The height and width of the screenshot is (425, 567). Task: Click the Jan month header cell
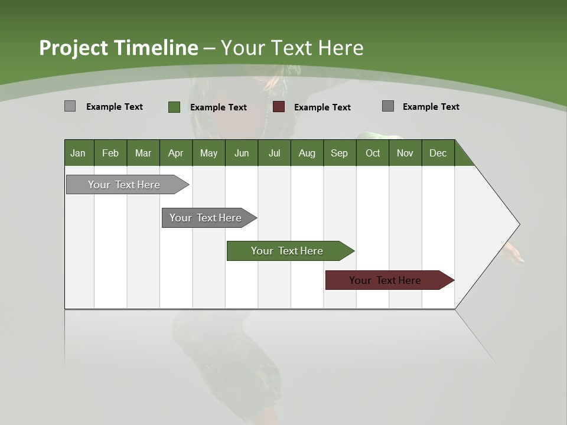(79, 153)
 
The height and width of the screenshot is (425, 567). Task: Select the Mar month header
(143, 153)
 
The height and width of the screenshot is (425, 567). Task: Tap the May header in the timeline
(208, 153)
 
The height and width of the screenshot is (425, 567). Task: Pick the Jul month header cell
(274, 153)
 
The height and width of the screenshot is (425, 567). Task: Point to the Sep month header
(339, 153)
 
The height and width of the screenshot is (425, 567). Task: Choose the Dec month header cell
(438, 153)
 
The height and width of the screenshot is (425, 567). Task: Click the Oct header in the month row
(373, 153)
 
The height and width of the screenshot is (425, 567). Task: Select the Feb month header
(110, 153)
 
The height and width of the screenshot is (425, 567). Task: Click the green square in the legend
(174, 107)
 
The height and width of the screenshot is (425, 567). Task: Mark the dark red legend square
(279, 107)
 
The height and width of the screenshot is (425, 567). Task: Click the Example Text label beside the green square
(219, 107)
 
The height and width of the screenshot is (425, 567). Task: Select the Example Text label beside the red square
(322, 107)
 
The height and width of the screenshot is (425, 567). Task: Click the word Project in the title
(73, 48)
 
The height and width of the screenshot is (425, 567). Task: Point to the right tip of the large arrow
(518, 224)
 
